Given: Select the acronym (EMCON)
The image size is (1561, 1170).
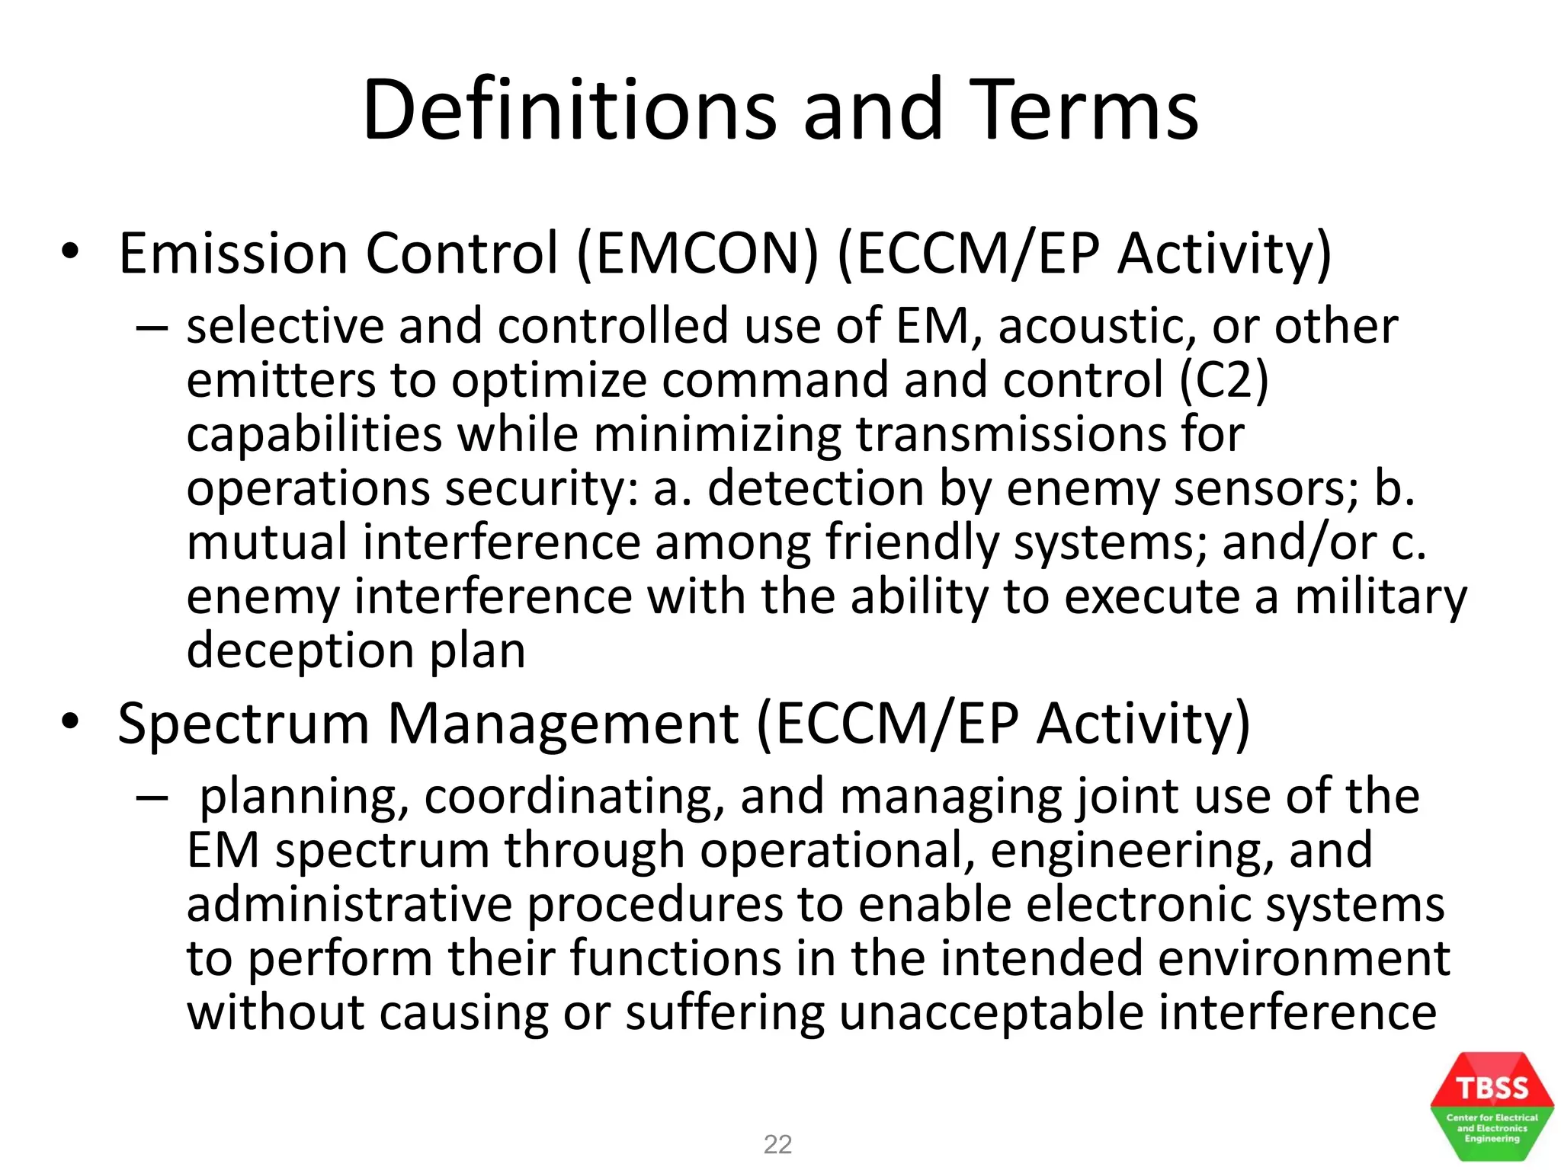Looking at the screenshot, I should [697, 254].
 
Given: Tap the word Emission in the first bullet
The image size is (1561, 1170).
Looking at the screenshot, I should [232, 254].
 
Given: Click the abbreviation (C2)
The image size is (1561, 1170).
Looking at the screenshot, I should [1223, 381].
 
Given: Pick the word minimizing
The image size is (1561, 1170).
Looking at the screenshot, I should [716, 436].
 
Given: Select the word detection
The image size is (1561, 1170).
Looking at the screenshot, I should [816, 489].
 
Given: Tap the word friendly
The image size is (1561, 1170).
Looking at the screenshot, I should [912, 544].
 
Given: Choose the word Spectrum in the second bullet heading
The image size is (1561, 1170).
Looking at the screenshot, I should [243, 724].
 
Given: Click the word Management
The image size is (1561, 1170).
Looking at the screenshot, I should [563, 724].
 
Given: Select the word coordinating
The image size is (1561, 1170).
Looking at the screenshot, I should [573, 798].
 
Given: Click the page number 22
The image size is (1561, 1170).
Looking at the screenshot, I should [777, 1144].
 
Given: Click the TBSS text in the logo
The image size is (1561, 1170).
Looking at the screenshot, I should [1492, 1088].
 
